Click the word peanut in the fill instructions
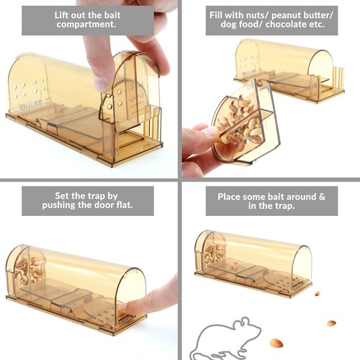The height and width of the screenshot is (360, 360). (x=274, y=14)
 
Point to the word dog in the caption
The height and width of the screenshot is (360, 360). (x=222, y=27)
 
